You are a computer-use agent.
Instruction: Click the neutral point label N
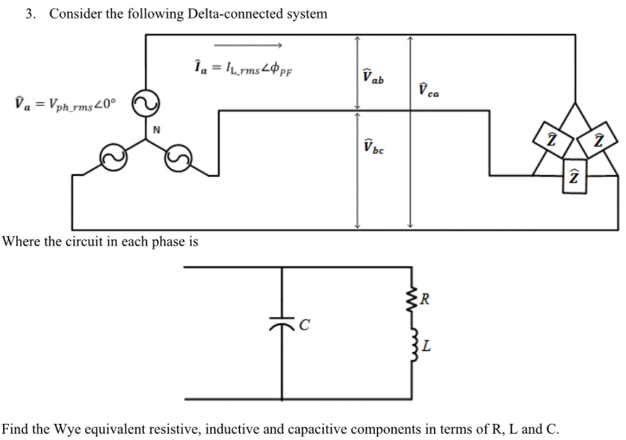(156, 128)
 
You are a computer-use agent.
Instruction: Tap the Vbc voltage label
(373, 147)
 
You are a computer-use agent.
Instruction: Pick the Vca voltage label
(428, 90)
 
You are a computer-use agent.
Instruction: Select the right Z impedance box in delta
(598, 139)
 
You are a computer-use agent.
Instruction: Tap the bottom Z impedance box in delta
(574, 176)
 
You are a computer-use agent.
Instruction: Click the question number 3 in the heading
(29, 14)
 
